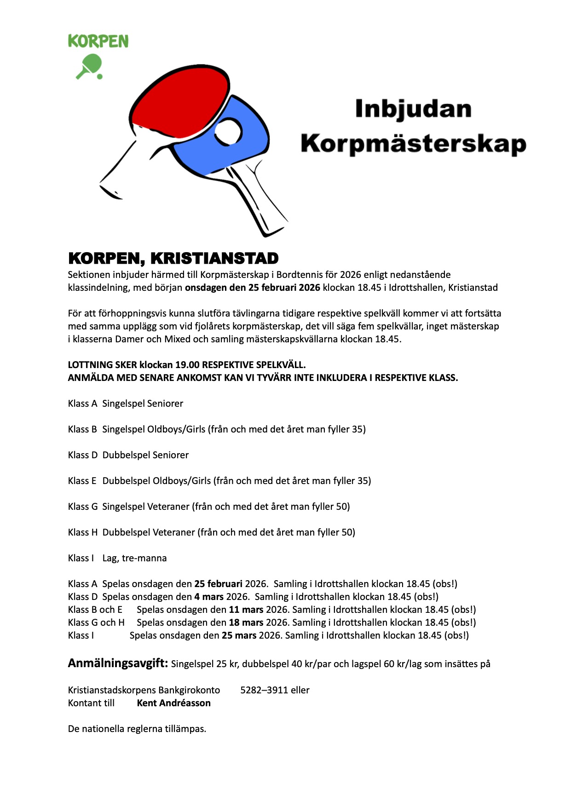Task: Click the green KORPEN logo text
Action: pyautogui.click(x=98, y=41)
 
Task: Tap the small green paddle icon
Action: pyautogui.click(x=90, y=66)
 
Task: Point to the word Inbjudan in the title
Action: pyautogui.click(x=413, y=110)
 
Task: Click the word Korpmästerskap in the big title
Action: pyautogui.click(x=413, y=144)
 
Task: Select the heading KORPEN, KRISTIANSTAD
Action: pyautogui.click(x=173, y=259)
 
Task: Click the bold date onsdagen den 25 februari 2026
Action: pyautogui.click(x=253, y=288)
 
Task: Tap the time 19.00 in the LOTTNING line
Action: pyautogui.click(x=187, y=365)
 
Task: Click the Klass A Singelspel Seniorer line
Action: pyautogui.click(x=126, y=403)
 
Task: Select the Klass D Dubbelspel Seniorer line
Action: pyautogui.click(x=128, y=455)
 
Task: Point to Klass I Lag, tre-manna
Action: pyautogui.click(x=117, y=558)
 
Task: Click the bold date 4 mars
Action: pyautogui.click(x=209, y=597)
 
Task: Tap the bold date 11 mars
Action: pyautogui.click(x=246, y=610)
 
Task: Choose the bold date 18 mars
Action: pyautogui.click(x=246, y=623)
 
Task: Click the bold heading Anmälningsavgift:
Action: pyautogui.click(x=118, y=663)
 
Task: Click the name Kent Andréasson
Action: pyautogui.click(x=173, y=703)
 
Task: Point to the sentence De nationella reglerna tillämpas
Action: pyautogui.click(x=137, y=729)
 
